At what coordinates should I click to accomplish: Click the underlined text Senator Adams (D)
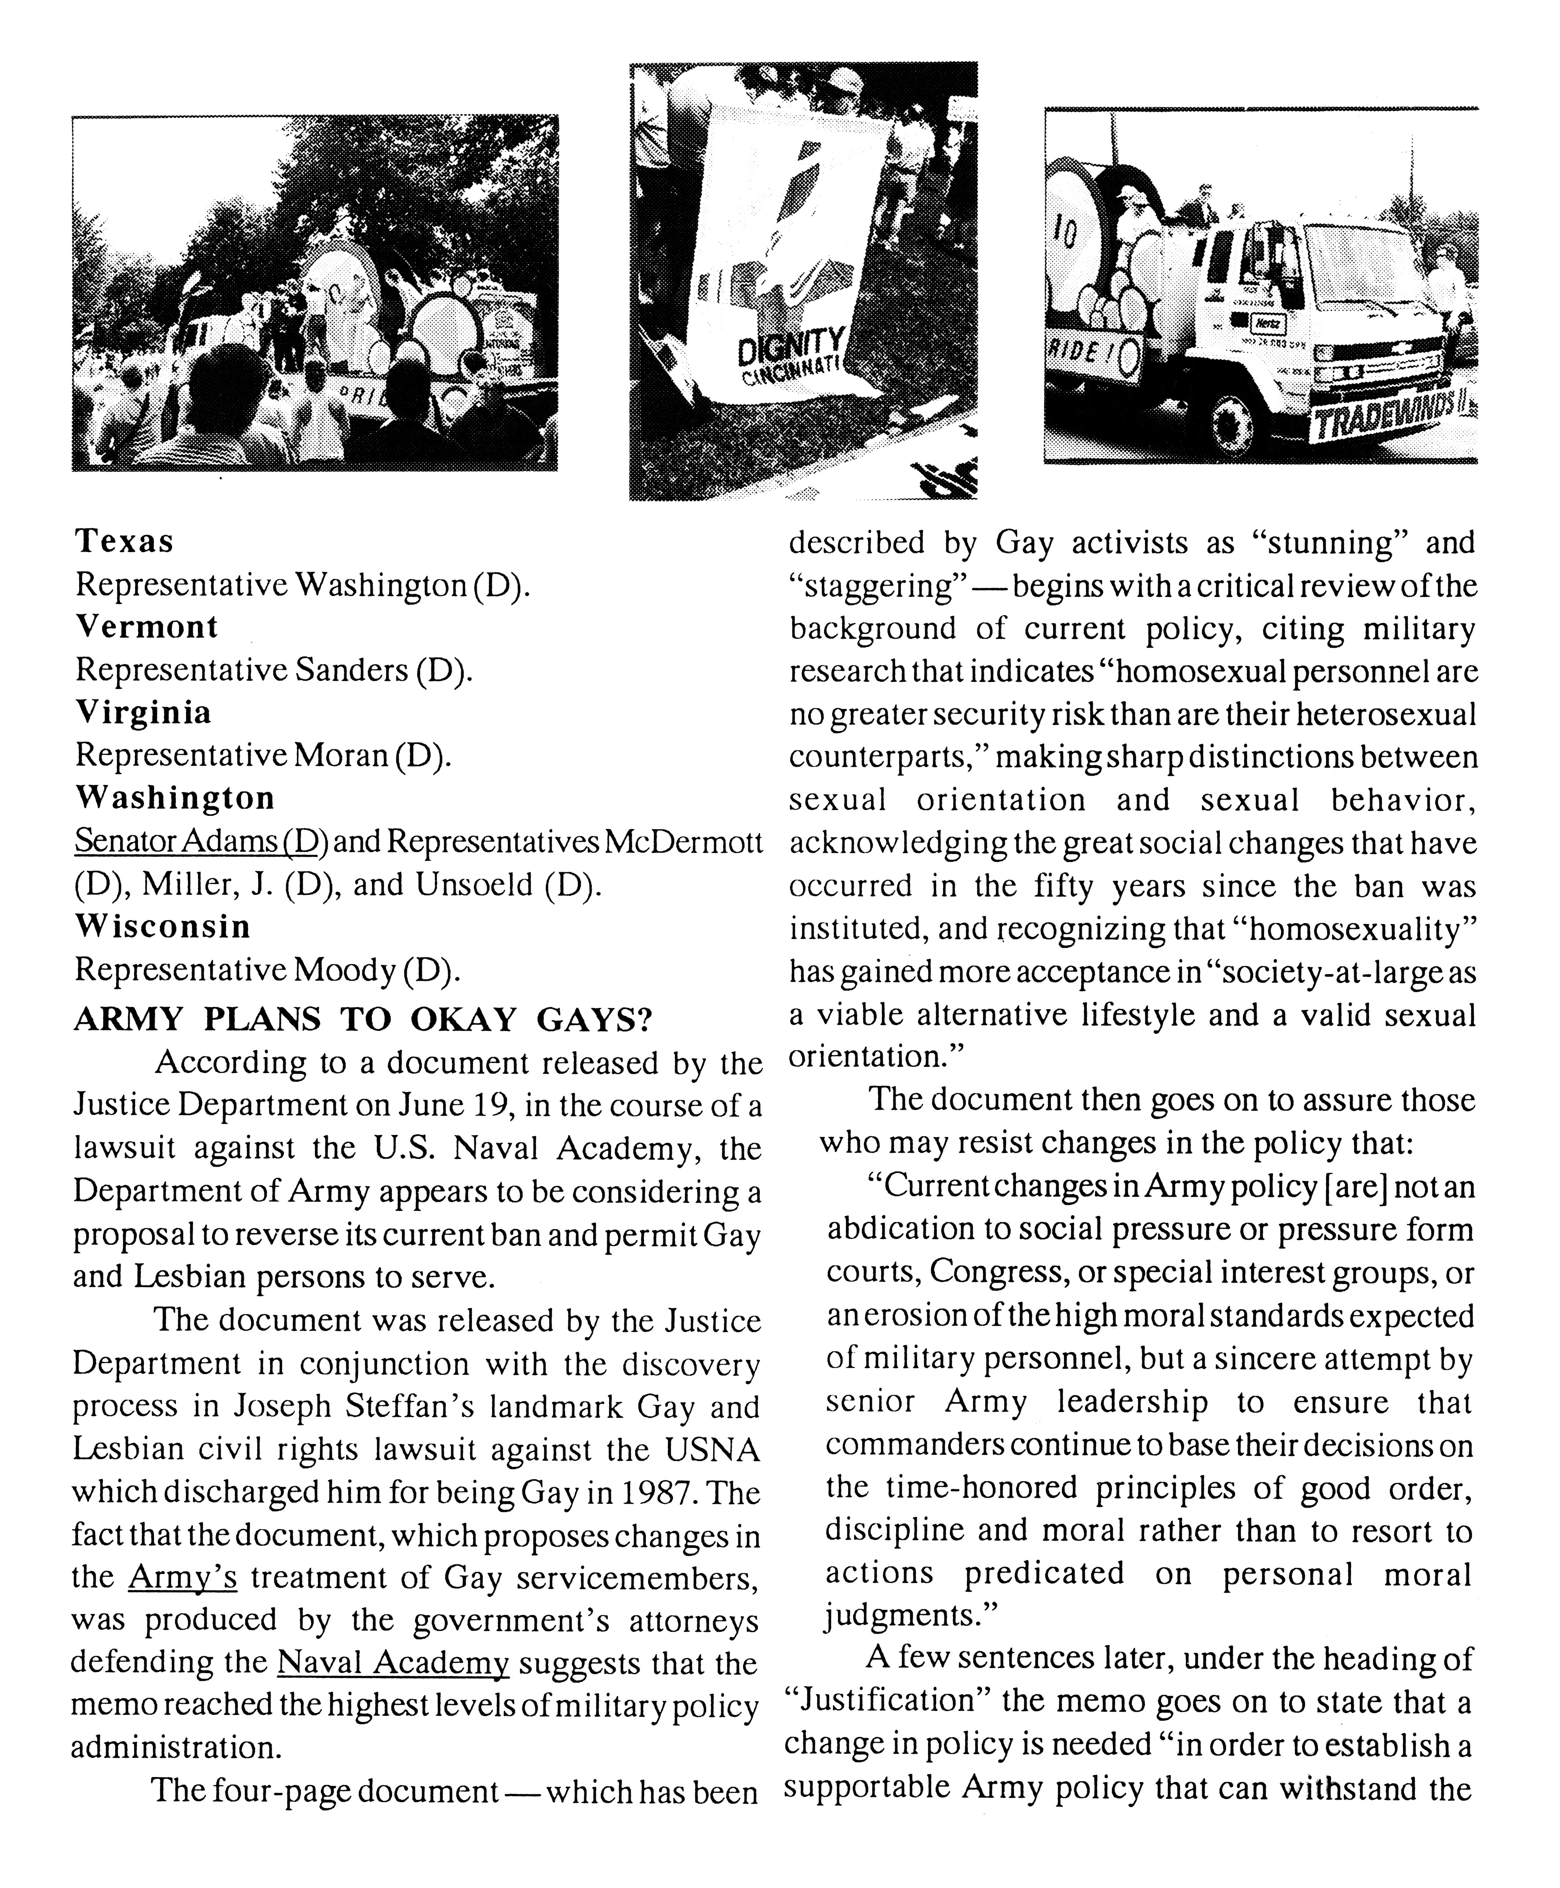pyautogui.click(x=200, y=842)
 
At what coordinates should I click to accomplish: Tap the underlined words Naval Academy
pyautogui.click(x=393, y=1663)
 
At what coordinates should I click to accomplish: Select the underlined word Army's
pyautogui.click(x=182, y=1577)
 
